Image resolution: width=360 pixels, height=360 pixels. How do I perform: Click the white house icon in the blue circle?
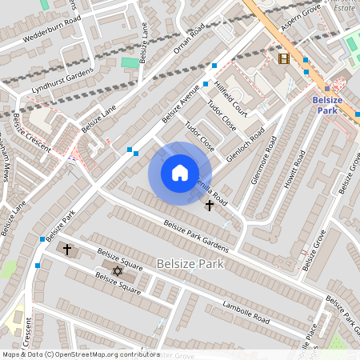point(180,173)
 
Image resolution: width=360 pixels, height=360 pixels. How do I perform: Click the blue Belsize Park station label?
point(328,105)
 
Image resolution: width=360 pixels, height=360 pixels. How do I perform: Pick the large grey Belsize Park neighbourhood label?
point(190,263)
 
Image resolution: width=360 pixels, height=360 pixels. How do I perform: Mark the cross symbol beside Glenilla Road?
point(210,206)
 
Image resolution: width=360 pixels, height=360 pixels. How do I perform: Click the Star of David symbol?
point(118,271)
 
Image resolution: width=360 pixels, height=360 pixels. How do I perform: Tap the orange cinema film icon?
point(283,58)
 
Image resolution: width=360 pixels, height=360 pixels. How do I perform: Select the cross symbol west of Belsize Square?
point(67,250)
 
